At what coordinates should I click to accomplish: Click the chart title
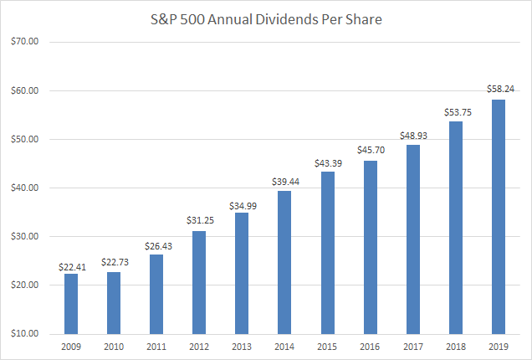coord(265,19)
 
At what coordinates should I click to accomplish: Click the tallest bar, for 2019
coord(498,217)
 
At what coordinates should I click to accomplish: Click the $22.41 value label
coord(70,265)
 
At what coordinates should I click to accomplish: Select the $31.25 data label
coord(199,223)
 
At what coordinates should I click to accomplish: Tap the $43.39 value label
coord(327,164)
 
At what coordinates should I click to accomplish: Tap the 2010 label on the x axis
coord(113,346)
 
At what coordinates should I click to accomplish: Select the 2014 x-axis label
coord(284,346)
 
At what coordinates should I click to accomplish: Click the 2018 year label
coord(455,346)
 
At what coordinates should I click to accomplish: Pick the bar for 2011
coord(156,294)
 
